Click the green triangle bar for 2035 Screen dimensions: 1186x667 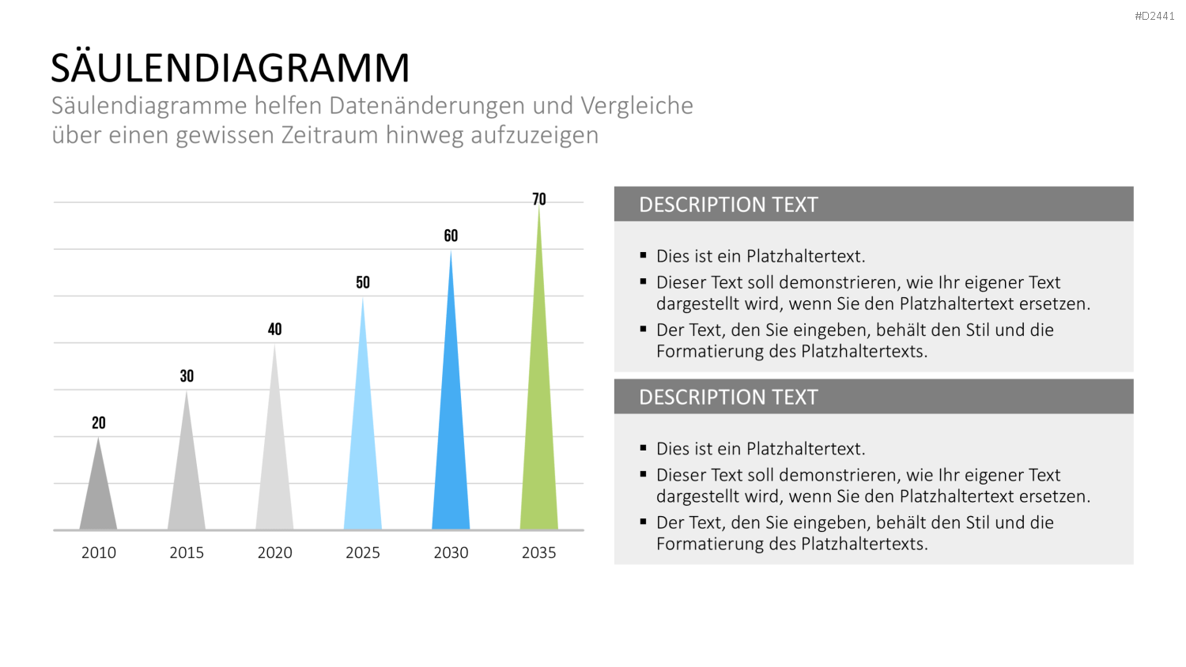tap(539, 413)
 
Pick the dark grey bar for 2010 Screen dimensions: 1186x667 tap(99, 498)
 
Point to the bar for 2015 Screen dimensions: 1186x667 tap(187, 477)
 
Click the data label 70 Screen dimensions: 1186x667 tap(539, 199)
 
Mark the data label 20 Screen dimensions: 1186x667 tap(99, 423)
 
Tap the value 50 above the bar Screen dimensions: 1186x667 tap(363, 283)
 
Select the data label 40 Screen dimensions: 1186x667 tap(275, 330)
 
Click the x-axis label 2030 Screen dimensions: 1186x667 tap(451, 552)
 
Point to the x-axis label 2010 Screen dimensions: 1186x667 tap(99, 552)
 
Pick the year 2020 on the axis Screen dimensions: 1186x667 tap(275, 552)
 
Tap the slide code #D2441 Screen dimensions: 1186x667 tap(1154, 17)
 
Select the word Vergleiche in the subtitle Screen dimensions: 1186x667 tap(637, 107)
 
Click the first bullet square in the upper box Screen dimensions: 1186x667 tap(644, 255)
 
